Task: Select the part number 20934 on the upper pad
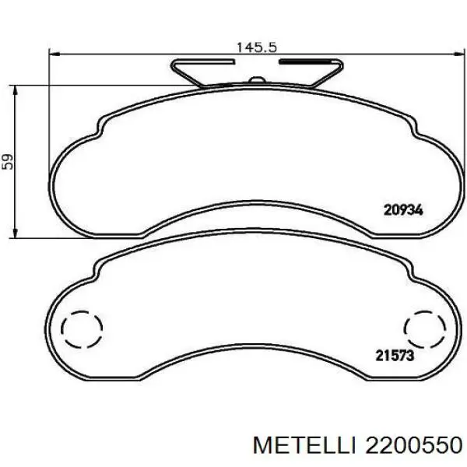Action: (402, 209)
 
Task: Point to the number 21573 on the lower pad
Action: (394, 356)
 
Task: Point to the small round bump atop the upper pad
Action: (258, 79)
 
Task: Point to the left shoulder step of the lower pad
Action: (95, 273)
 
